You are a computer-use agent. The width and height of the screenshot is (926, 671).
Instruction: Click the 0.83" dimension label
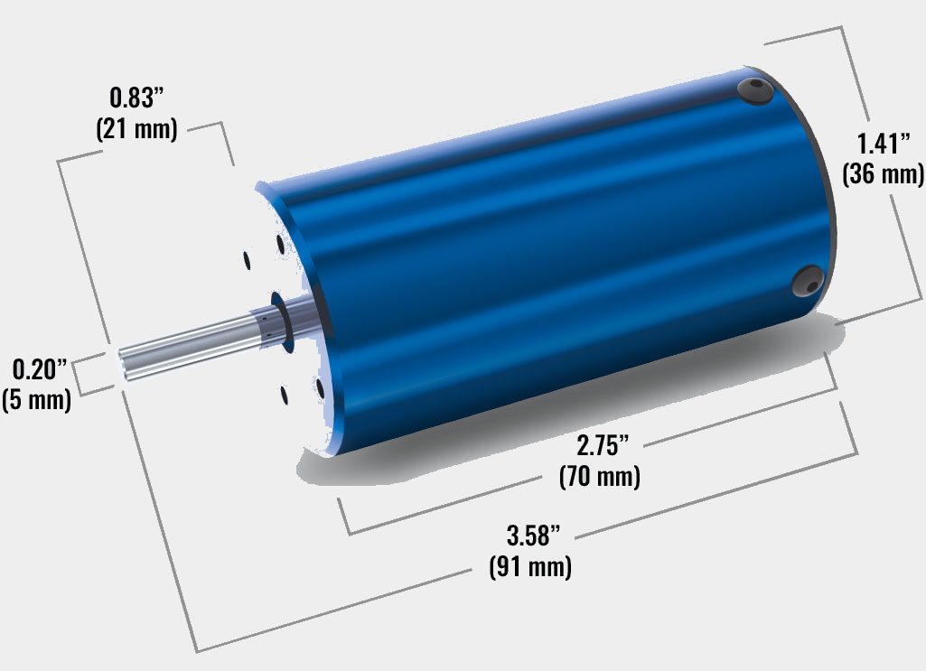[x=136, y=98]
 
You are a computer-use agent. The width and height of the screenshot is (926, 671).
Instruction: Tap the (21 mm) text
[x=136, y=128]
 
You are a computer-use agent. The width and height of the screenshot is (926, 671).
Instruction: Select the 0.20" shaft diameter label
[x=40, y=369]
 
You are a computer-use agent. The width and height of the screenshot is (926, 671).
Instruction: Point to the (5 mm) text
[x=37, y=399]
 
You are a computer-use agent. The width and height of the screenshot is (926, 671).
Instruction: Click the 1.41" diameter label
[x=884, y=144]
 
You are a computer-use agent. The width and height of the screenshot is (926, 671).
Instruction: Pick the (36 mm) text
[x=884, y=174]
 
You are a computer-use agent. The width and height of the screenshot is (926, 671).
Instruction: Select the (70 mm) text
[x=600, y=476]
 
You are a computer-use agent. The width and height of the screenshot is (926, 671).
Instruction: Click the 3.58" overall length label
[x=533, y=536]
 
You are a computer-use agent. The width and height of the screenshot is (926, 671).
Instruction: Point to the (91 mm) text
[x=530, y=566]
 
